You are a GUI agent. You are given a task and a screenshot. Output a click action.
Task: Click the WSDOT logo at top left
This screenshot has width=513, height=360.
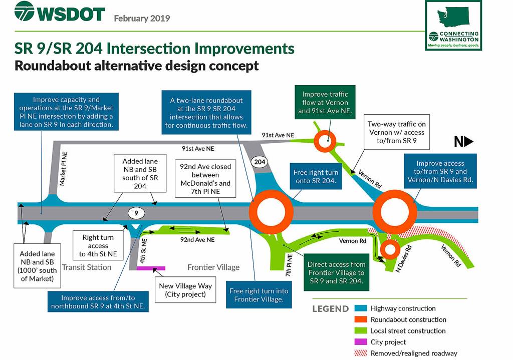(x=60, y=12)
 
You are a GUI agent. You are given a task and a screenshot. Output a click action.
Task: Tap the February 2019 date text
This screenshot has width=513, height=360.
(x=142, y=19)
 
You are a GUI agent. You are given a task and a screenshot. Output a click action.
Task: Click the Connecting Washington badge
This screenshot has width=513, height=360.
(x=453, y=26)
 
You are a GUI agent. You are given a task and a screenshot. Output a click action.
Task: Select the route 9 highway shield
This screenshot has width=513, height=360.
(x=136, y=213)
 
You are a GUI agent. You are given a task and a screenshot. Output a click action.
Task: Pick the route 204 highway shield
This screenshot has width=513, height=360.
(x=260, y=162)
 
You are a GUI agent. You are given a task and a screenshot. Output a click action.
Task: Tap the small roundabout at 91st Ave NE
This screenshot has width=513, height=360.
(x=325, y=141)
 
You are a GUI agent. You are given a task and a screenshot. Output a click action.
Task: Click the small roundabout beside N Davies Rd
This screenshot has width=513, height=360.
(x=390, y=249)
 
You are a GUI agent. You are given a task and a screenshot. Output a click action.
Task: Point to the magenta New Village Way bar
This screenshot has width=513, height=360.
(x=151, y=268)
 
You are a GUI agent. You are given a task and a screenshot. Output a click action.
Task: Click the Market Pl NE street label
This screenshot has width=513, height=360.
(x=63, y=169)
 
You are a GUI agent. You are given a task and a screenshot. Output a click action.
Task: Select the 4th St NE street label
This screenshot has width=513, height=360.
(x=143, y=251)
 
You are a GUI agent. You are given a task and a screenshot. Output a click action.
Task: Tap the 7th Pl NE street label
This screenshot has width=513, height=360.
(x=289, y=265)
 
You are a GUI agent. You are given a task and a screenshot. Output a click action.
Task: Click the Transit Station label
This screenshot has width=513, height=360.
(x=87, y=267)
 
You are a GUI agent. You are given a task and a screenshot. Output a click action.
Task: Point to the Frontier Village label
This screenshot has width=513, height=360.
(x=213, y=267)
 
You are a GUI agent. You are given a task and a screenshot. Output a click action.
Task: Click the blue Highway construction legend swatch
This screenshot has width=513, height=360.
(x=361, y=308)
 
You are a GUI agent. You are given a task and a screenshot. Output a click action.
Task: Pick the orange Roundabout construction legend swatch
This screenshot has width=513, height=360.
(x=361, y=319)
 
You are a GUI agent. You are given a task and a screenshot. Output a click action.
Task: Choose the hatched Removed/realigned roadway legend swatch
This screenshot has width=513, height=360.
(x=361, y=353)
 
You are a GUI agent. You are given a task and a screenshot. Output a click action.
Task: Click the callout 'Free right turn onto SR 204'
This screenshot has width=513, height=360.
(x=316, y=177)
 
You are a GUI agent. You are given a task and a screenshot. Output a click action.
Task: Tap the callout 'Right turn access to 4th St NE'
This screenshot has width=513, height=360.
(x=98, y=245)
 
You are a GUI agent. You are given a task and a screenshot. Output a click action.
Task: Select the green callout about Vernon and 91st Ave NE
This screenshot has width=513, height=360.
(x=325, y=102)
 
